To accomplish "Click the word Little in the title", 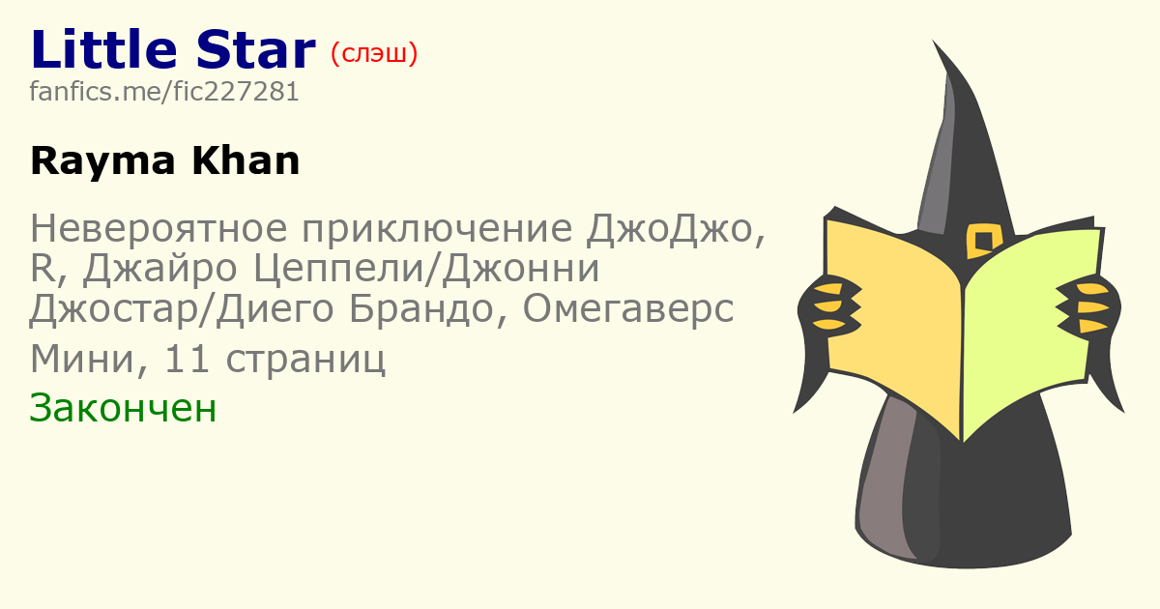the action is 104,49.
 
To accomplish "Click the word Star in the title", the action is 256,49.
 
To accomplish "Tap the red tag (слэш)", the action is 374,54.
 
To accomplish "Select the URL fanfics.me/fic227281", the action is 164,92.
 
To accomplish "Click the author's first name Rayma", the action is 103,162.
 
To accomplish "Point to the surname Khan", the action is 246,161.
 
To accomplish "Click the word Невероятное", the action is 159,228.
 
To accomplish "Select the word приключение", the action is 437,228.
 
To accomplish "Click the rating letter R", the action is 43,269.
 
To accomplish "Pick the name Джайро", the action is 160,270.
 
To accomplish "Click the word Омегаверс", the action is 628,308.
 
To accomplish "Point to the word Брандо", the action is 421,308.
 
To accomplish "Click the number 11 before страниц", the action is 187,359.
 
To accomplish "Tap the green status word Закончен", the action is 123,409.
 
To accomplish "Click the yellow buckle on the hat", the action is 983,241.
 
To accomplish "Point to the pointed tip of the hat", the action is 934,41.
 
